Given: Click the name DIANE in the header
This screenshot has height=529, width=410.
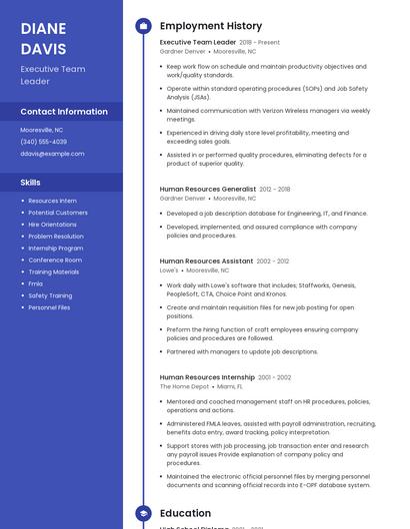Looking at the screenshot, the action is tap(43, 28).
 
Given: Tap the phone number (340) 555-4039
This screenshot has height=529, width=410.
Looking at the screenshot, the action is tap(44, 142).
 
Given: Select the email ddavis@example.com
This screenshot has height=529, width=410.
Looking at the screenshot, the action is tap(52, 154).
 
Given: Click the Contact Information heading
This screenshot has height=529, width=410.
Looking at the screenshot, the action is tap(64, 112).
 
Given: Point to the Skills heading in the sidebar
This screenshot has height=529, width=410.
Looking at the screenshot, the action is tap(31, 183).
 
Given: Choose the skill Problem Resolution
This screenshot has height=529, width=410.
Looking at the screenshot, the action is tap(56, 237).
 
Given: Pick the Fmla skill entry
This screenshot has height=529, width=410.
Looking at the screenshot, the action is tap(35, 283).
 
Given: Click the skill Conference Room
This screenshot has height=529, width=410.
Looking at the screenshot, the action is tap(55, 260).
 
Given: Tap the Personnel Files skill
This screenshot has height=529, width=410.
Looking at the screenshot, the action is tap(49, 307).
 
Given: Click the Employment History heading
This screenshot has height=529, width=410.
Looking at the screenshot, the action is tap(210, 26).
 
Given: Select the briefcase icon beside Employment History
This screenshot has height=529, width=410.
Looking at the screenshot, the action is tap(143, 26).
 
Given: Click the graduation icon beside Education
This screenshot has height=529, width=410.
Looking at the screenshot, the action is tap(143, 514).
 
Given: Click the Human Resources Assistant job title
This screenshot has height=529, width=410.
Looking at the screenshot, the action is tap(206, 261).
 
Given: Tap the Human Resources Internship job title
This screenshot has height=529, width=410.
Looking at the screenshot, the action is tap(207, 377).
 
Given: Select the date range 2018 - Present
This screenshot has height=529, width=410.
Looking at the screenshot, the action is tap(260, 43).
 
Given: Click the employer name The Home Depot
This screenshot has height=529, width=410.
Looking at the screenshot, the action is tap(184, 386).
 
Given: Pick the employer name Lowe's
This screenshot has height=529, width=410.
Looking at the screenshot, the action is tap(169, 269).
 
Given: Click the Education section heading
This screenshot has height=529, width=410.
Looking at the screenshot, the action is tap(185, 514).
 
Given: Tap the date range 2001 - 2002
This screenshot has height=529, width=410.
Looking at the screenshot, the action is tap(275, 377).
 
